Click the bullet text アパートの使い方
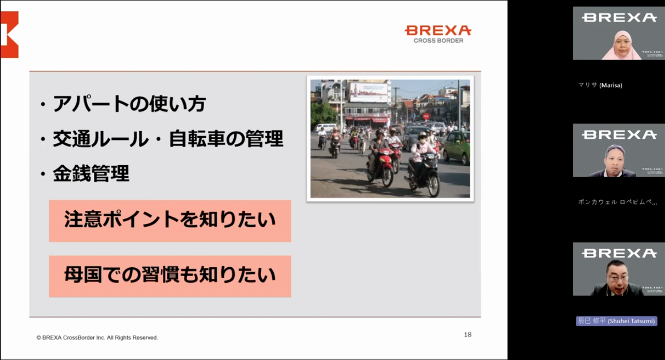(129, 105)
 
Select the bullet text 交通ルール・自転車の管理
(168, 139)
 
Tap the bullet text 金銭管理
(91, 174)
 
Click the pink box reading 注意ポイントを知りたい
(169, 221)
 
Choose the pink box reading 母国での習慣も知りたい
(169, 276)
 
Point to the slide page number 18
(468, 335)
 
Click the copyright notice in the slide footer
(97, 337)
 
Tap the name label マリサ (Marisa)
(600, 85)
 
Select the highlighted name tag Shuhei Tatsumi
(616, 321)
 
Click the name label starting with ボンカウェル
(617, 202)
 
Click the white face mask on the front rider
(423, 139)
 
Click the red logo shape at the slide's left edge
(9, 34)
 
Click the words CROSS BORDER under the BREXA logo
(438, 40)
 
